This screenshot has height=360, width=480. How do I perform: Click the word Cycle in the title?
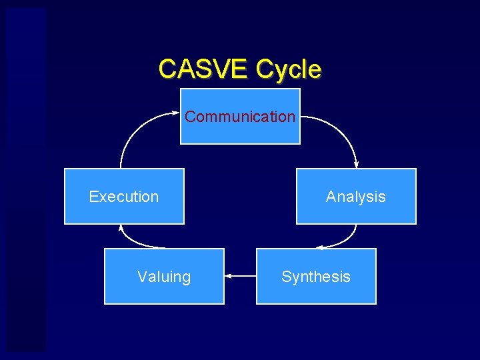288,69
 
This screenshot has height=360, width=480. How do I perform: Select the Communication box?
240,131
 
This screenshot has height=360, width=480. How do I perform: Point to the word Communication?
240,117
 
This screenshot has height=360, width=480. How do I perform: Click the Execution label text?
124,197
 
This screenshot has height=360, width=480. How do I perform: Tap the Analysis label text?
356,197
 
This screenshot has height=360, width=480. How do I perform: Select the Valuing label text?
164,277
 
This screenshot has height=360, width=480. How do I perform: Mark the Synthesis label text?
316,277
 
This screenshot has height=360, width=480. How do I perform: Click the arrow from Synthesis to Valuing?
241,275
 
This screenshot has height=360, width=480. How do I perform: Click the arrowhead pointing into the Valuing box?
228,275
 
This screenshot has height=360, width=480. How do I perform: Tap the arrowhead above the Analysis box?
357,165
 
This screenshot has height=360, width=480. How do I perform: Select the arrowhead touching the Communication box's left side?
177,113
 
